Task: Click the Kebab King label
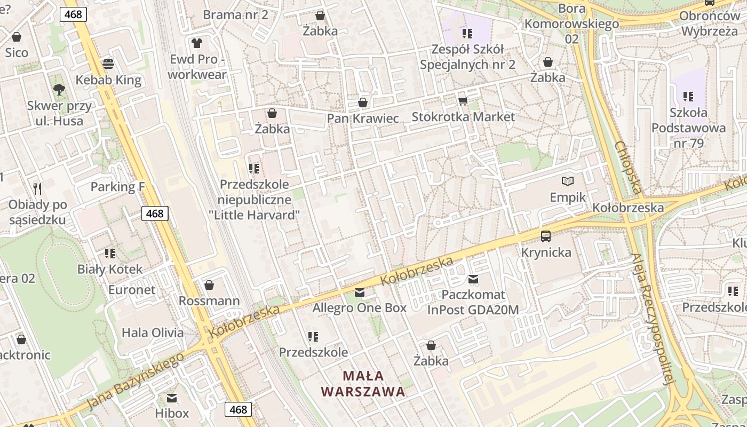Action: [x=108, y=80]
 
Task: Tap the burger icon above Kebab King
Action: [x=108, y=64]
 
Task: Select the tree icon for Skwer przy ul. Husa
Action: [x=59, y=90]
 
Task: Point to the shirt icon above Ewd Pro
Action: [x=197, y=43]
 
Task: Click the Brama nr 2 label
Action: [x=235, y=14]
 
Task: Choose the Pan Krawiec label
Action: [x=363, y=118]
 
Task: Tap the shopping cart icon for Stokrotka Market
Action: [x=463, y=101]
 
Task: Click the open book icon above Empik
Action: [x=568, y=181]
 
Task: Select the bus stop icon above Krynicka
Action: [x=546, y=236]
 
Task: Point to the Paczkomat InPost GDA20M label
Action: [x=473, y=302]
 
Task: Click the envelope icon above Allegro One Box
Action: [x=360, y=292]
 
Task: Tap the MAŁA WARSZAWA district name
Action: [x=363, y=384]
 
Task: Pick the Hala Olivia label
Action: [x=153, y=333]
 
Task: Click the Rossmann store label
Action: [x=209, y=301]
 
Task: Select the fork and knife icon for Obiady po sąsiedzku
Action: [x=37, y=188]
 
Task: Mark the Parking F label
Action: [x=117, y=187]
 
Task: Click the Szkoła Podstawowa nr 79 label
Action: [x=688, y=128]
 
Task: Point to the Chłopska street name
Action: [x=627, y=167]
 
